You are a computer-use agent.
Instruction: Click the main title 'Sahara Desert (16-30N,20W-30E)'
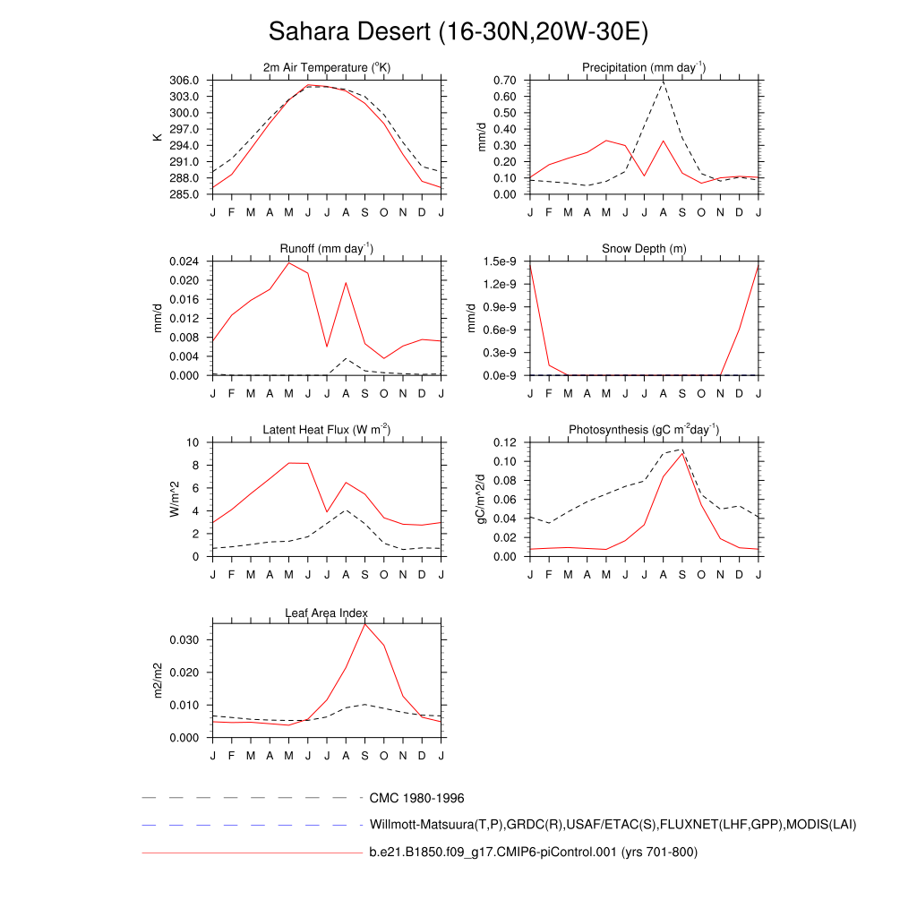[x=458, y=32]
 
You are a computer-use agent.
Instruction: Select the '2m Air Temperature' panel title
[x=327, y=68]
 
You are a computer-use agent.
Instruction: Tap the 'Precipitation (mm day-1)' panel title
[x=644, y=68]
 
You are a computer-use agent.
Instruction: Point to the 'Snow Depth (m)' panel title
[x=644, y=248]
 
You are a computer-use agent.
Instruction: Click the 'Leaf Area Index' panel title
[x=327, y=613]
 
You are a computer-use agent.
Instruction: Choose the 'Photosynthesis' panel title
[x=644, y=430]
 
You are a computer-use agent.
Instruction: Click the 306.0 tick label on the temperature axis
[x=184, y=81]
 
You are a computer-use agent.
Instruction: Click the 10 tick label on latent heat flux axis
[x=193, y=442]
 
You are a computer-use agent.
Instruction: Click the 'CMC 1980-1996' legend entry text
[x=416, y=798]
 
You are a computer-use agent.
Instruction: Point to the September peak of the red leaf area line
[x=364, y=623]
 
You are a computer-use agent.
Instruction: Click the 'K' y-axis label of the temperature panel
[x=158, y=137]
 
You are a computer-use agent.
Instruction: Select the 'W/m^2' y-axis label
[x=176, y=499]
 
